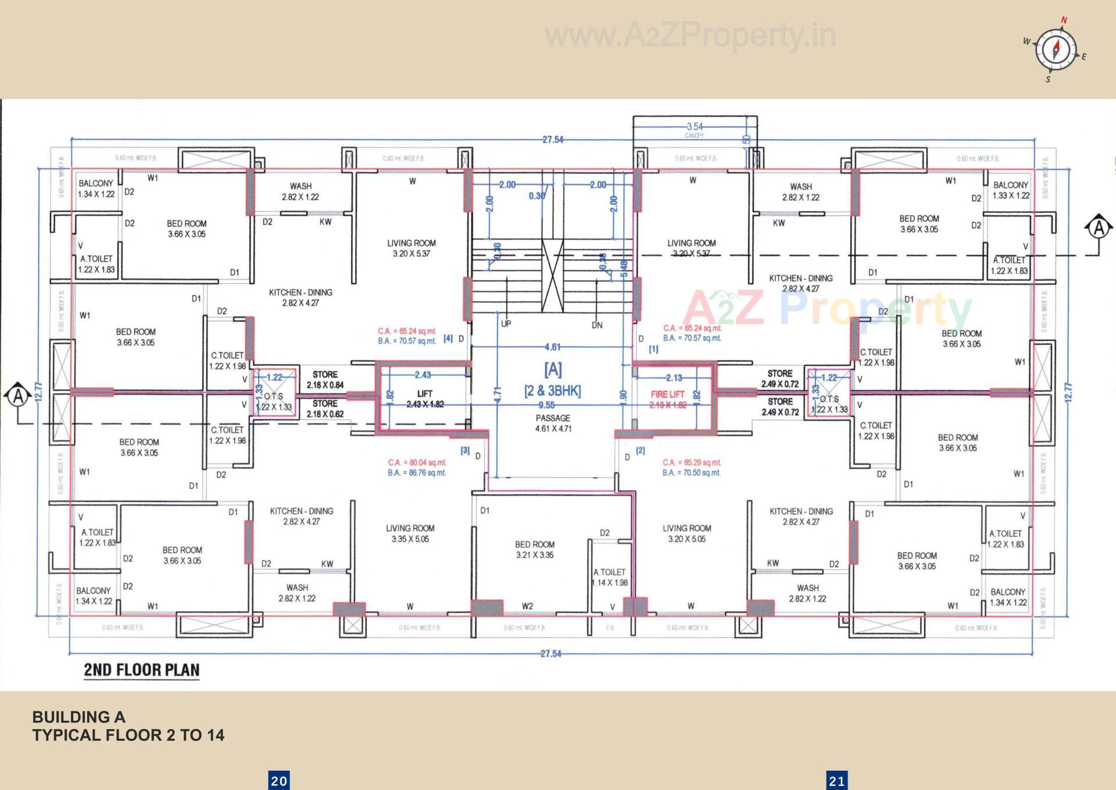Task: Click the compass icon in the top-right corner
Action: pos(1056,49)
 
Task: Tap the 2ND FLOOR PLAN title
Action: pos(141,670)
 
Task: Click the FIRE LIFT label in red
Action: pos(667,394)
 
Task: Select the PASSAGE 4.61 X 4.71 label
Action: pos(553,424)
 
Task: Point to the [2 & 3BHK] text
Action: pos(552,391)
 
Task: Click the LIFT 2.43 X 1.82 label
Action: pos(425,399)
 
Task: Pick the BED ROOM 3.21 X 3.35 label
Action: pos(534,550)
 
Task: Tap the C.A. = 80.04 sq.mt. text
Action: pos(417,462)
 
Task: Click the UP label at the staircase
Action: pos(506,323)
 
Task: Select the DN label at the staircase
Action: pos(597,325)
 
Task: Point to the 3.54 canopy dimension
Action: pos(694,126)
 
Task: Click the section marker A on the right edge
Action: pos(1099,227)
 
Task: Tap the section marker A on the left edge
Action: pos(19,396)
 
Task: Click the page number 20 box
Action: pos(279,781)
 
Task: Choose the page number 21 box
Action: pos(837,781)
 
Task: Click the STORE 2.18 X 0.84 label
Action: pos(325,379)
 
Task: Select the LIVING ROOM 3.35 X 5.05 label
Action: pos(410,533)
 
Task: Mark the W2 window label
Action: pos(527,606)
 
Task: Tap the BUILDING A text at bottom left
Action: pos(78,717)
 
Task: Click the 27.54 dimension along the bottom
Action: pos(551,653)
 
